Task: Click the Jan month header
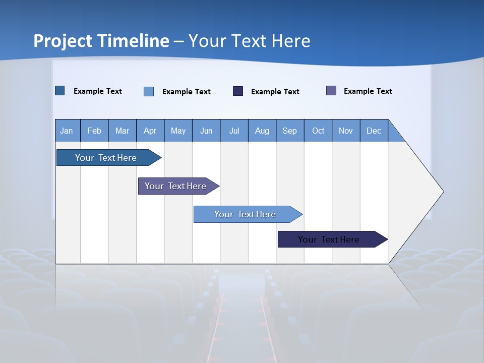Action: pyautogui.click(x=67, y=131)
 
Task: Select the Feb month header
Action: pyautogui.click(x=94, y=131)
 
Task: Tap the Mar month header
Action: pyautogui.click(x=122, y=131)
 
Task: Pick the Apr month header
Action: pyautogui.click(x=150, y=131)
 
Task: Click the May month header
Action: pyautogui.click(x=178, y=131)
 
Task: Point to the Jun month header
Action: pyautogui.click(x=206, y=131)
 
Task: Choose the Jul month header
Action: pyautogui.click(x=234, y=131)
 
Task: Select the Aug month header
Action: pyautogui.click(x=262, y=131)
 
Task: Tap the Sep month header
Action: pyautogui.click(x=290, y=131)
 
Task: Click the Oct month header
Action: pyautogui.click(x=318, y=131)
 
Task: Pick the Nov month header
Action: pyautogui.click(x=346, y=131)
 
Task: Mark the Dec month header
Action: pyautogui.click(x=374, y=131)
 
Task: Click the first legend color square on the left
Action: pyautogui.click(x=60, y=91)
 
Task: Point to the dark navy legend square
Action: pyautogui.click(x=238, y=91)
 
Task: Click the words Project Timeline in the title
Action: pyautogui.click(x=101, y=41)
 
